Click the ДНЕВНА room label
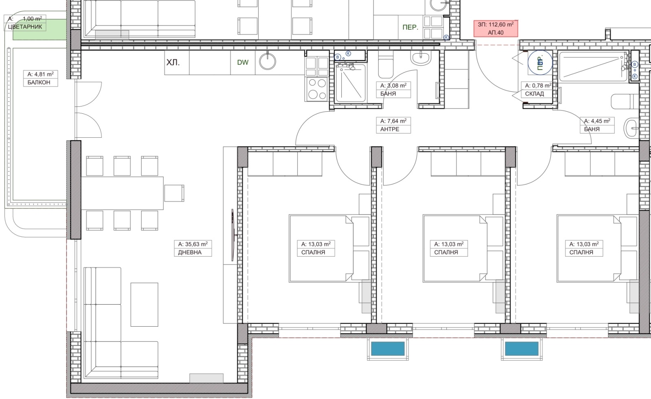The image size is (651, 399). point(190,252)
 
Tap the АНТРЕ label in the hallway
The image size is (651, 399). point(390,129)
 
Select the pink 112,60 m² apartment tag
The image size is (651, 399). point(496,28)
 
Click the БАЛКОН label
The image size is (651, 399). point(39,82)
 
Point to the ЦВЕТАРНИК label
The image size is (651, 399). point(25,27)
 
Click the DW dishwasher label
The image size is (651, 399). point(242,63)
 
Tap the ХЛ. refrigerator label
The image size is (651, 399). point(173,63)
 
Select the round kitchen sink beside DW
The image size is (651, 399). point(267,61)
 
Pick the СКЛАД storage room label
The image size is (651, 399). point(535,94)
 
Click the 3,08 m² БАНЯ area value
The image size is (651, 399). point(393,86)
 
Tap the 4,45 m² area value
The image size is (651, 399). point(597,121)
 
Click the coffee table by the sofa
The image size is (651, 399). point(144,305)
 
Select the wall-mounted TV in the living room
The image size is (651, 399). point(233,235)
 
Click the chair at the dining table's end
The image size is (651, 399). point(174,193)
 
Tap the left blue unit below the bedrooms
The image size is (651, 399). point(388,349)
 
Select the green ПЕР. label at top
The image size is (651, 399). point(411,28)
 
